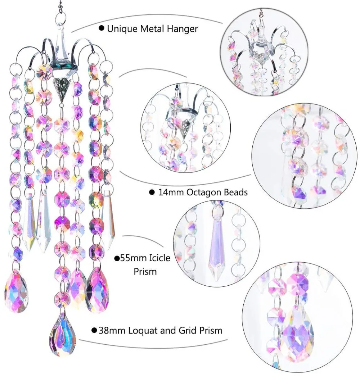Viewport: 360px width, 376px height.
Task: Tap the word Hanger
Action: click(x=182, y=28)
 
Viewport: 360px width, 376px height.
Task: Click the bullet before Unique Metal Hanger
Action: click(x=102, y=28)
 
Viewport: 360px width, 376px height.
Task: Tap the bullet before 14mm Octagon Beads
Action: click(x=152, y=192)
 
